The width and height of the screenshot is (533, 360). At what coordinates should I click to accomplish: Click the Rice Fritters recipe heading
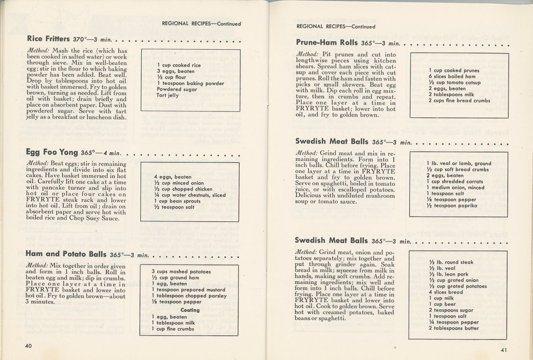click(48, 39)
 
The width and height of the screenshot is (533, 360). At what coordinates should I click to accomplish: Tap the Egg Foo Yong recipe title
click(52, 152)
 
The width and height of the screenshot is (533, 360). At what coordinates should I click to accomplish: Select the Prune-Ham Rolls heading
click(327, 43)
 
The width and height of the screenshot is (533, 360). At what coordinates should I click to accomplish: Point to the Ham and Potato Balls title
click(66, 254)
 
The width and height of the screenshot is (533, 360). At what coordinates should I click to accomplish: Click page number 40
click(28, 345)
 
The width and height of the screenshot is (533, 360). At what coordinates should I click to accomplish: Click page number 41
click(503, 350)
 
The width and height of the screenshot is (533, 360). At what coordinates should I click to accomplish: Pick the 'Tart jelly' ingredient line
click(167, 95)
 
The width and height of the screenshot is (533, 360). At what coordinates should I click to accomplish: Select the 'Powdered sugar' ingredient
click(177, 89)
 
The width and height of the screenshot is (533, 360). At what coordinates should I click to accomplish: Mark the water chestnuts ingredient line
click(190, 195)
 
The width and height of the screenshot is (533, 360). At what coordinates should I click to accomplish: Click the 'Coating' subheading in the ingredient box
click(190, 310)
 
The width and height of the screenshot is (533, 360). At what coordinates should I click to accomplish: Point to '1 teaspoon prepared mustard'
click(188, 290)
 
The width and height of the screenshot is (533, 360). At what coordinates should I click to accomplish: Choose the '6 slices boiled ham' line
click(452, 76)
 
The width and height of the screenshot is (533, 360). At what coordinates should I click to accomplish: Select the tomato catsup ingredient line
click(454, 83)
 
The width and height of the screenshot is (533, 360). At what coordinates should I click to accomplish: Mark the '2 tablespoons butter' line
click(453, 328)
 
